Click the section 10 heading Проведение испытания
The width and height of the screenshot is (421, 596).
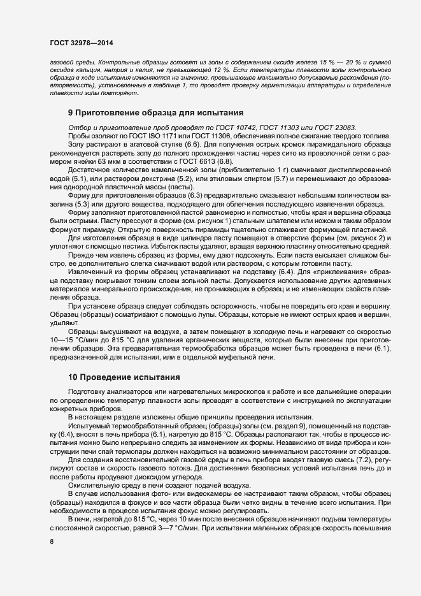(115, 377)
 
